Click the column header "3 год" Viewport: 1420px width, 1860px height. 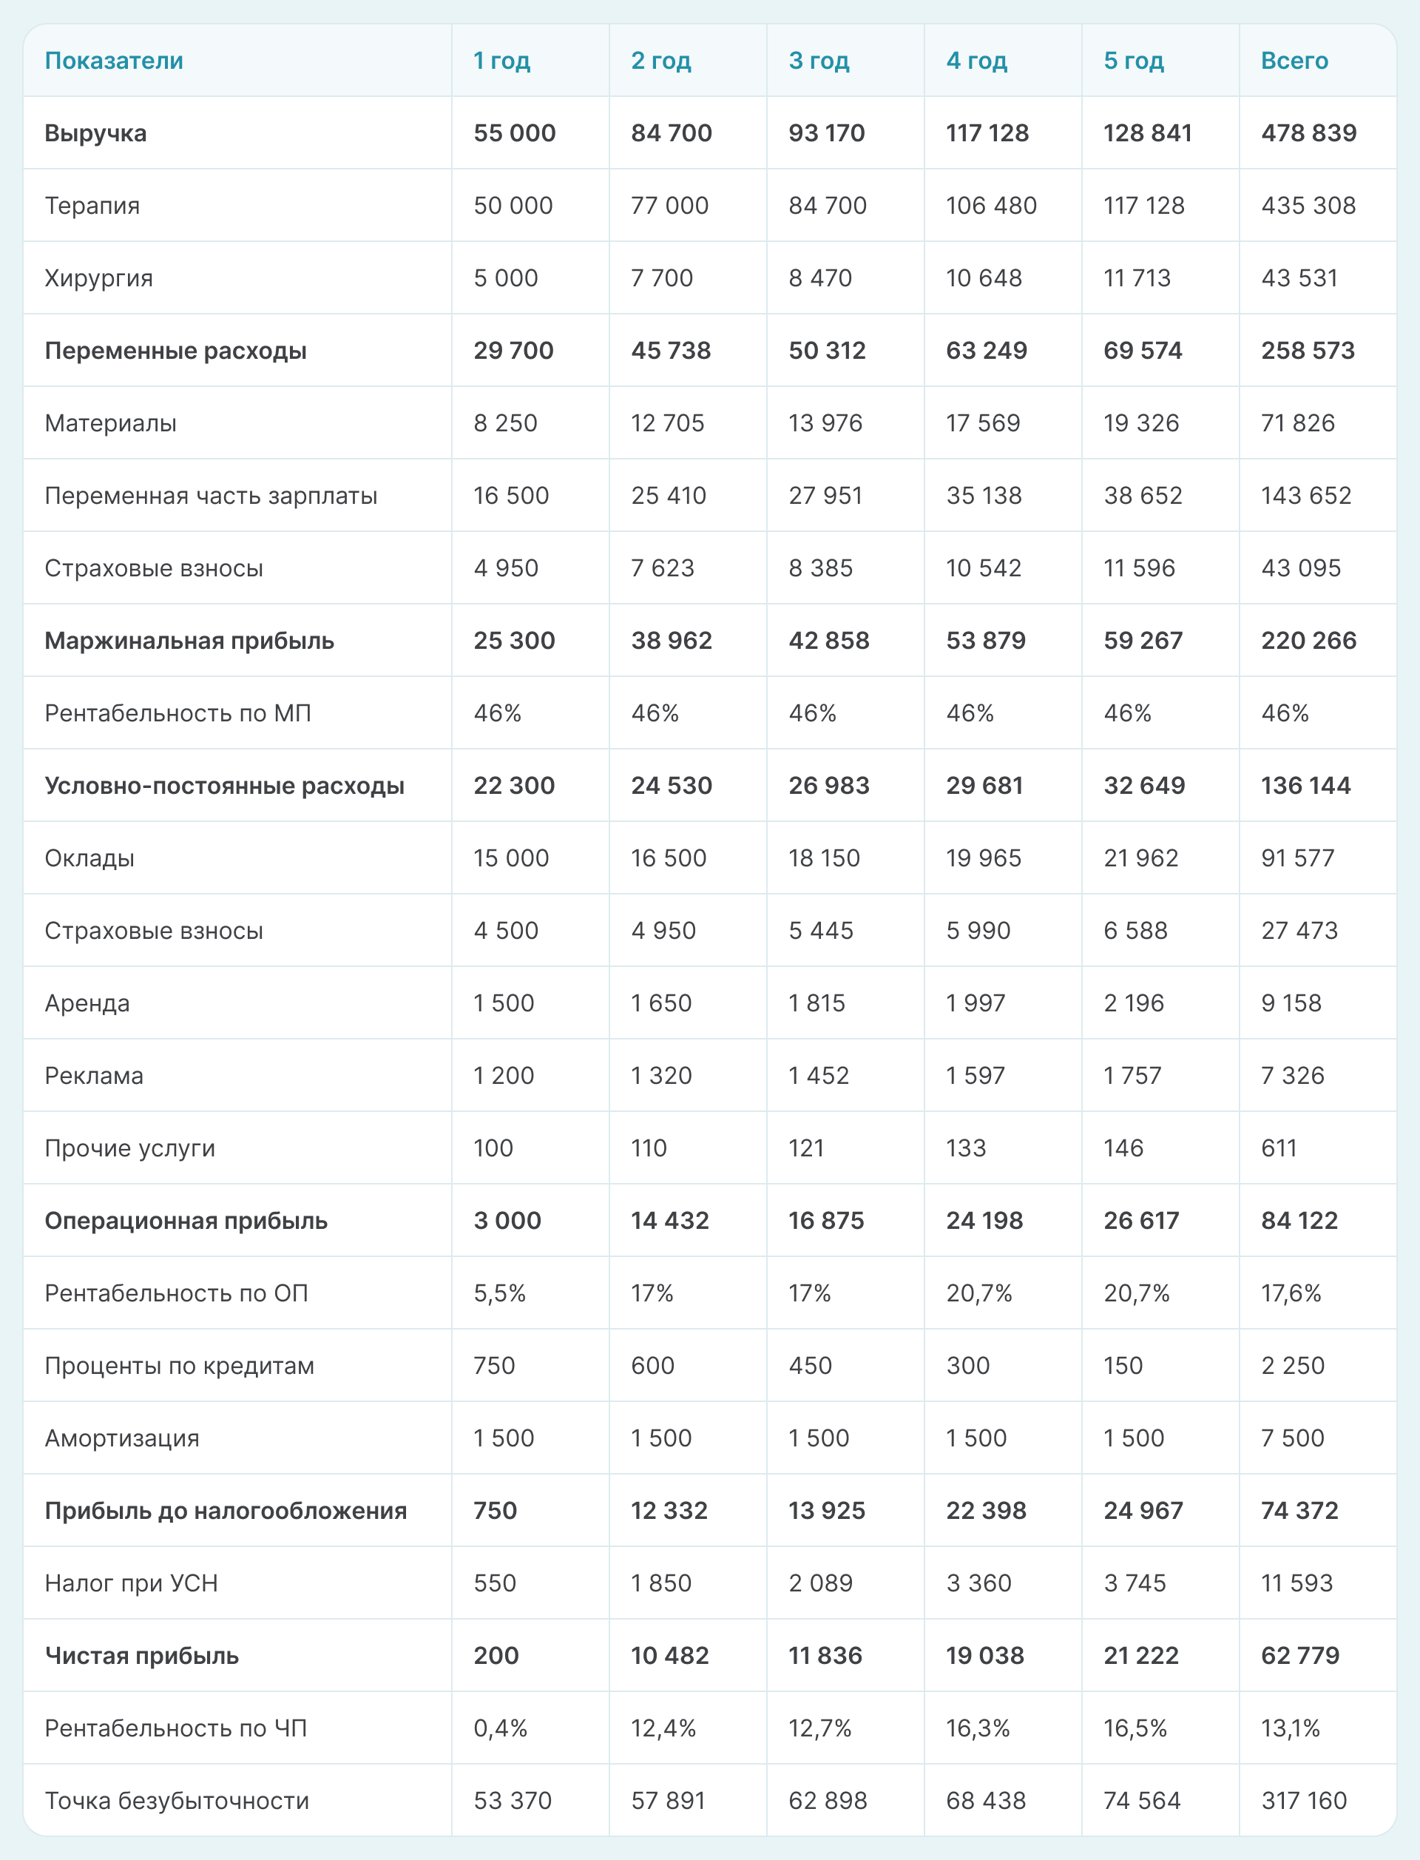[818, 61]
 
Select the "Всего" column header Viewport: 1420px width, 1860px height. [1294, 61]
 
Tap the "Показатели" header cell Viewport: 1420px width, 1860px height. [114, 61]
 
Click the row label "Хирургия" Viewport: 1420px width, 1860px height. [99, 278]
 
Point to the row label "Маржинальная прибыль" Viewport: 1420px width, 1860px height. [189, 641]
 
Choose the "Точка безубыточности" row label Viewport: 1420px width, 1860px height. [177, 1800]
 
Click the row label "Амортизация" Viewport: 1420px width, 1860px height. [122, 1438]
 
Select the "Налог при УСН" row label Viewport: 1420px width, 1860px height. [131, 1583]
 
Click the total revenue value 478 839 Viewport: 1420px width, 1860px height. [1308, 132]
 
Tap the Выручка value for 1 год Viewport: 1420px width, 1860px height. [514, 132]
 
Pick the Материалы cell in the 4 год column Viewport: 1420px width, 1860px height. [983, 422]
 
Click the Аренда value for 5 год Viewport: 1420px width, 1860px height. [1134, 1003]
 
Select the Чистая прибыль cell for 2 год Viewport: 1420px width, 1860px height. [669, 1655]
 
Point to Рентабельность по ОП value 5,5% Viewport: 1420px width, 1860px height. [499, 1293]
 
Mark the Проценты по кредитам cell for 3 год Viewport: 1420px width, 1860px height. [810, 1366]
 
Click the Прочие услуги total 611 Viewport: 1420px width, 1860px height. [1279, 1148]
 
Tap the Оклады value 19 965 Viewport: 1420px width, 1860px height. [983, 858]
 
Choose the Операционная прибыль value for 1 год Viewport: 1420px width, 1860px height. [507, 1220]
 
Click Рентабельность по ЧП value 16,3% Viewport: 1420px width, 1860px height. [978, 1728]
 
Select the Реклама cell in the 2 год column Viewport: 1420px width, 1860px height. [661, 1076]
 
